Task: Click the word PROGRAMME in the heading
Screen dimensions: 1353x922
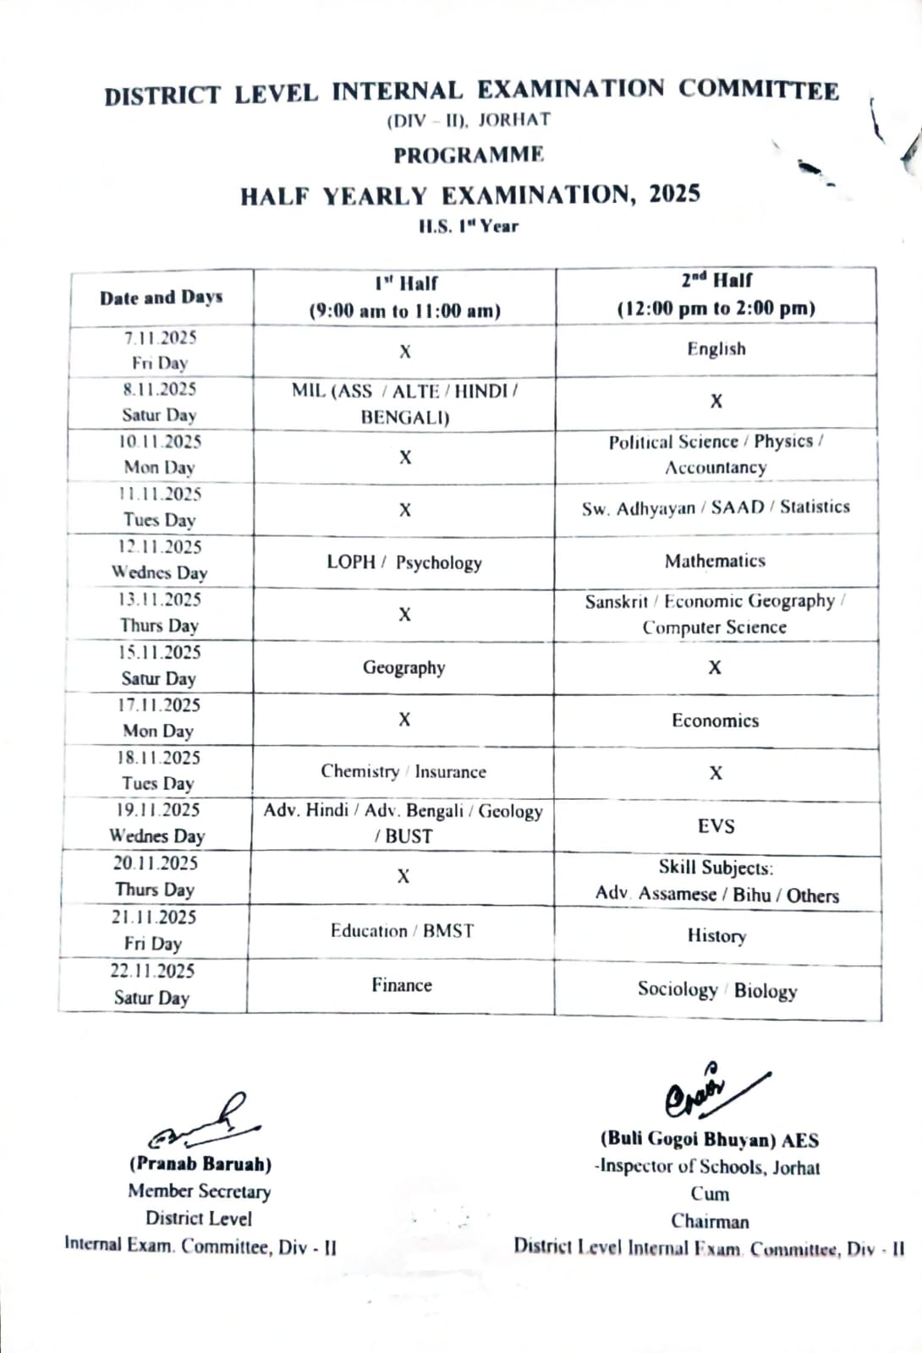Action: click(x=469, y=156)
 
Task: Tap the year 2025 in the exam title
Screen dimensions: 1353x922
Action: click(x=674, y=194)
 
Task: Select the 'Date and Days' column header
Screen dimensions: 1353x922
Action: click(x=161, y=298)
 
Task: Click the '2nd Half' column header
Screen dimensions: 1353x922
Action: click(x=716, y=294)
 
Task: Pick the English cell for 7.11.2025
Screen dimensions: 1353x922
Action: click(x=716, y=349)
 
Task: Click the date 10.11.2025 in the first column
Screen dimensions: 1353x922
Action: click(x=159, y=442)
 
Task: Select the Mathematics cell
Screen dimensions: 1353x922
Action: click(x=715, y=561)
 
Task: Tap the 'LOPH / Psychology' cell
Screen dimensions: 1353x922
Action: click(x=404, y=563)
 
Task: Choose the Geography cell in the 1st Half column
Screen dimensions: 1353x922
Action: click(x=403, y=668)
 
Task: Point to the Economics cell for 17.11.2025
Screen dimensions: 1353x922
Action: click(x=715, y=721)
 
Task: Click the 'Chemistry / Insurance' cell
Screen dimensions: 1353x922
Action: click(x=403, y=772)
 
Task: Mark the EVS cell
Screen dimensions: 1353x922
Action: click(x=716, y=826)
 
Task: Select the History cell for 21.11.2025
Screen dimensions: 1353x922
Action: click(x=716, y=936)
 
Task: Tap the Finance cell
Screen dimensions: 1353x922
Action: click(x=401, y=985)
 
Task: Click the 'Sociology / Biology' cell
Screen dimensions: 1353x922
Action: click(x=716, y=990)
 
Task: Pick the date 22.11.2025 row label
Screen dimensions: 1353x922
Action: click(x=152, y=971)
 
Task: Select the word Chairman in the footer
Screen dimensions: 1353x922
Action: click(x=710, y=1221)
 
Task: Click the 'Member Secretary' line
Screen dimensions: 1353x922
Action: click(x=200, y=1191)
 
